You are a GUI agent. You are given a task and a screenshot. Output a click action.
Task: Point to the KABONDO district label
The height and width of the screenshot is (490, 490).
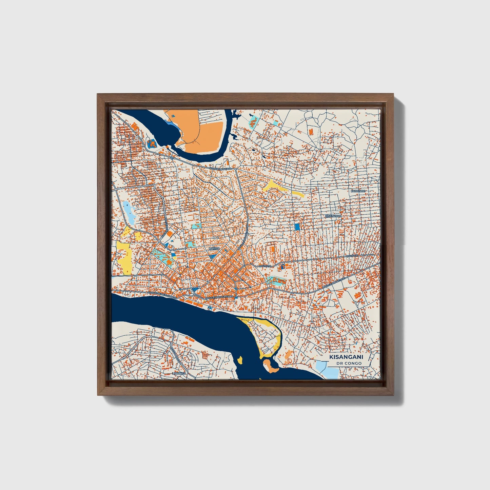pyautogui.click(x=358, y=191)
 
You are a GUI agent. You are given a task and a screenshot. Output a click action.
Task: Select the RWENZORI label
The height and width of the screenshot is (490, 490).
pyautogui.click(x=333, y=216)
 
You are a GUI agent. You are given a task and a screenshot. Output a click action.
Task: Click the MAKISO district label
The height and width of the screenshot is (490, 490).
pyautogui.click(x=214, y=249)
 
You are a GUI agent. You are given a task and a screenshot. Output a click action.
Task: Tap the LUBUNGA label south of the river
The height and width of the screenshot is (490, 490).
pyautogui.click(x=179, y=373)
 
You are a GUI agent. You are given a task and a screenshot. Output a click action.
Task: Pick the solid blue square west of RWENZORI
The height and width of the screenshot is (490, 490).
pyautogui.click(x=297, y=227)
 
